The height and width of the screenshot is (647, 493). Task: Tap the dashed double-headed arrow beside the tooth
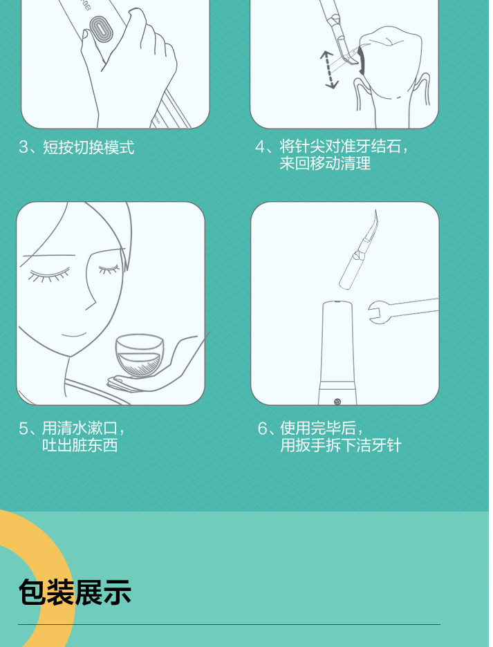329,69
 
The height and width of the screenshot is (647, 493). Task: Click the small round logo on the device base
337,402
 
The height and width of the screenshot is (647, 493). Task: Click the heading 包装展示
75,592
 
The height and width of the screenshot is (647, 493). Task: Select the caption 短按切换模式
89,147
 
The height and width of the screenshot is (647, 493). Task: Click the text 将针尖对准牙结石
340,146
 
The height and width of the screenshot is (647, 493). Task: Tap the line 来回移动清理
325,163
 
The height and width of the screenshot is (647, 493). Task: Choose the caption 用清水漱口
80,428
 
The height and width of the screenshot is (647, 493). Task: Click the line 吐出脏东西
80,445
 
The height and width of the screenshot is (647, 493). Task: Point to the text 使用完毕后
318,428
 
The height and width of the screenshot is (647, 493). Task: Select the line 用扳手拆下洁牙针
341,445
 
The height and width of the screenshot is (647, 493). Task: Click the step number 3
23,147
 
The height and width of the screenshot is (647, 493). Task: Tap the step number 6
263,429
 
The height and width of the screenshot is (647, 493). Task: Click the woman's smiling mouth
73,335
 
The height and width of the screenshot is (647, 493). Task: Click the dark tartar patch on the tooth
362,61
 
